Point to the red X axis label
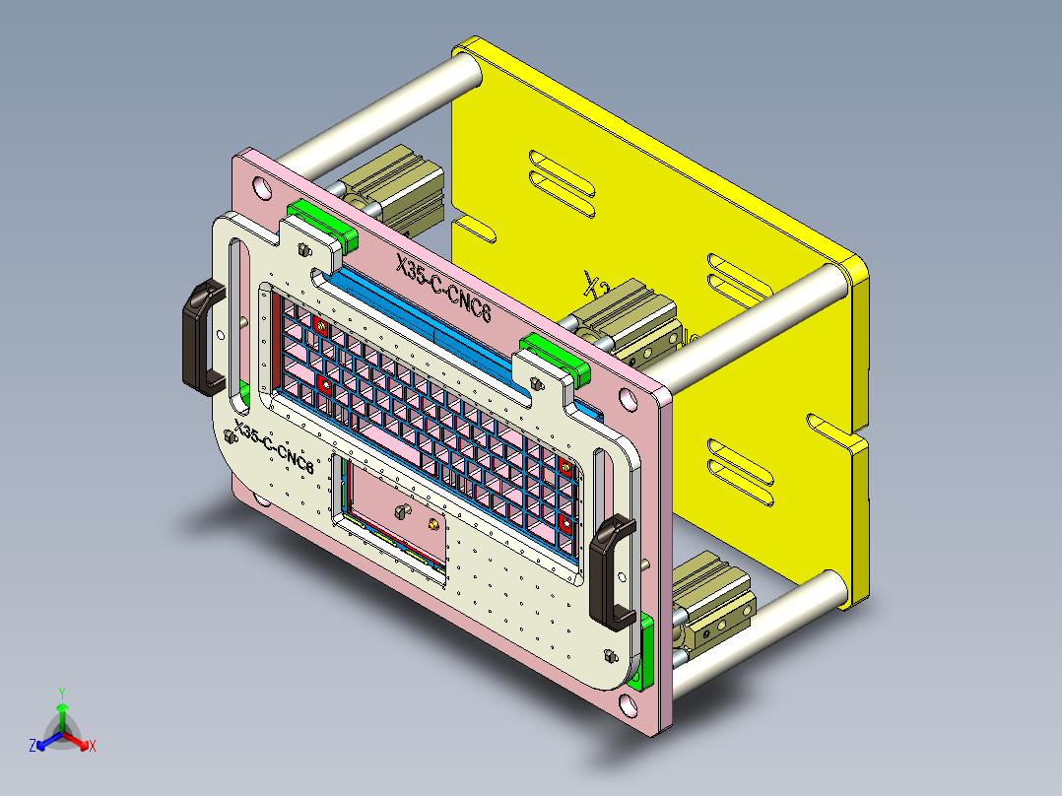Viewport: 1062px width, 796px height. pyautogui.click(x=92, y=747)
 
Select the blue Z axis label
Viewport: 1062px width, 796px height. pyautogui.click(x=32, y=747)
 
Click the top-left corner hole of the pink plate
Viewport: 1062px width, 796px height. pyautogui.click(x=260, y=184)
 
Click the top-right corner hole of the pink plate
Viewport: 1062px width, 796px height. pyautogui.click(x=627, y=401)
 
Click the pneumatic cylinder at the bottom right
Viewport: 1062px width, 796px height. pyautogui.click(x=711, y=601)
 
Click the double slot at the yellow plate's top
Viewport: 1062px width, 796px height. pyautogui.click(x=562, y=183)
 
